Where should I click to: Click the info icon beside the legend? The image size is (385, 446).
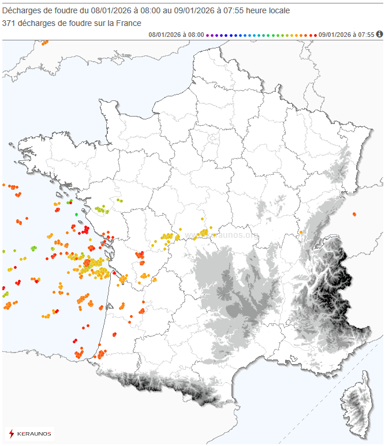(380, 34)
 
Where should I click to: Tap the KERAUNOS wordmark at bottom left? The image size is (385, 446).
(34, 433)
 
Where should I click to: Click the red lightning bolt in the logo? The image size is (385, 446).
(12, 433)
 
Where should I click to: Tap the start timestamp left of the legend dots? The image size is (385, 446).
(176, 35)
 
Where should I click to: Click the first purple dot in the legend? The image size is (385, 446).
(208, 35)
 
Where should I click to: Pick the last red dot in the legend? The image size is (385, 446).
(315, 35)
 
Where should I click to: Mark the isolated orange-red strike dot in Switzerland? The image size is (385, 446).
(354, 215)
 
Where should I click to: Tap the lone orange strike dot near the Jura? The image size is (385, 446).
(301, 233)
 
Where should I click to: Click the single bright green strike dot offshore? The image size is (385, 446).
(77, 214)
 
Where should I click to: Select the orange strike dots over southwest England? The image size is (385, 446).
(44, 42)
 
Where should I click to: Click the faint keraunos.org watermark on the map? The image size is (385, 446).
(231, 235)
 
